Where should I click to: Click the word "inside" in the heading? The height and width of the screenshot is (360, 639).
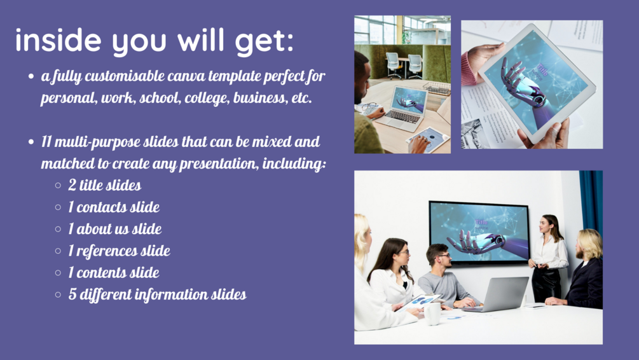click(x=58, y=40)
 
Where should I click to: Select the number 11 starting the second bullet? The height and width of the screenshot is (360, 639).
click(x=46, y=142)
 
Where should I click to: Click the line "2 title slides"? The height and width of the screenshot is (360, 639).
click(x=105, y=185)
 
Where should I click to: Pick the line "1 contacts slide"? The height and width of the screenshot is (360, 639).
click(x=114, y=207)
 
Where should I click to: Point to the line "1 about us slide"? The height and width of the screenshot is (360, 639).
click(x=115, y=229)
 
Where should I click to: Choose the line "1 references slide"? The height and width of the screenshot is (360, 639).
click(x=119, y=251)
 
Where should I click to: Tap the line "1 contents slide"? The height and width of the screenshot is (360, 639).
click(x=114, y=272)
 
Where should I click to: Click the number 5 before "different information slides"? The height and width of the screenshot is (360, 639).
click(x=72, y=294)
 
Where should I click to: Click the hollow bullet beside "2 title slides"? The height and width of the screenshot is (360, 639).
click(x=58, y=186)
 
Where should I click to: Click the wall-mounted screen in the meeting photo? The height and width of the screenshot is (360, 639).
click(x=479, y=232)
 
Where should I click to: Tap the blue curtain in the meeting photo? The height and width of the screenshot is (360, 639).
click(x=592, y=202)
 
